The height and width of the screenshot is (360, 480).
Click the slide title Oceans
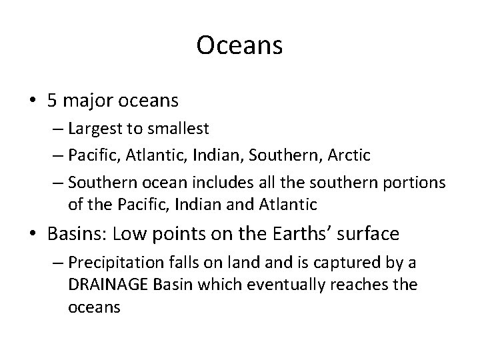(x=240, y=46)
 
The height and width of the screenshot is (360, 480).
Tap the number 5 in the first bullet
(x=51, y=101)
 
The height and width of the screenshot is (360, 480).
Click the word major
(x=85, y=101)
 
